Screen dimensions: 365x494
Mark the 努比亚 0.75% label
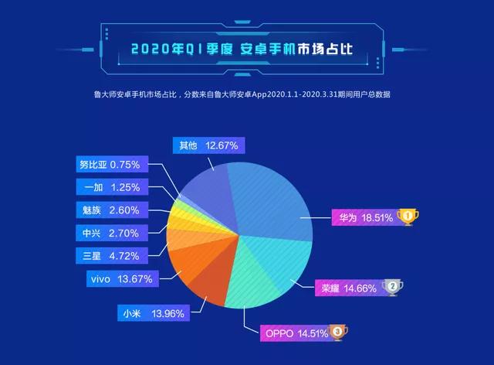[x=109, y=165]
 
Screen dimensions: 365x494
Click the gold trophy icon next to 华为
[x=408, y=217]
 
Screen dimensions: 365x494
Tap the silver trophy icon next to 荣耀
[x=392, y=288]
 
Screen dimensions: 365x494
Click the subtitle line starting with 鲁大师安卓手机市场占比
[x=241, y=95]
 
